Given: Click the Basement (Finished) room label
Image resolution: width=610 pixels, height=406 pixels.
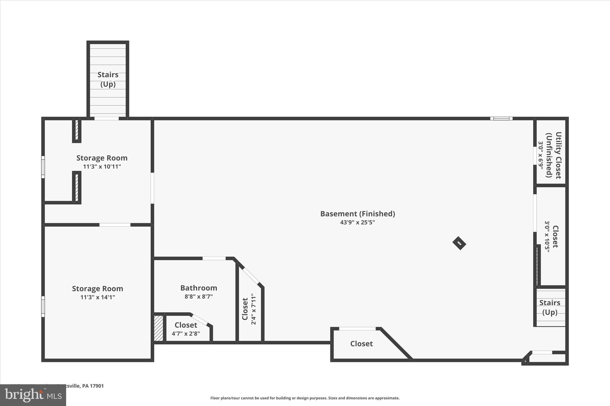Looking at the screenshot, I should coord(357,214).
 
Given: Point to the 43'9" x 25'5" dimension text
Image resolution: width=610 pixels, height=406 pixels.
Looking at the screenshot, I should coord(357,222).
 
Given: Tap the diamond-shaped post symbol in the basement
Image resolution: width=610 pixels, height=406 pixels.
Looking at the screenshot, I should coord(459,243).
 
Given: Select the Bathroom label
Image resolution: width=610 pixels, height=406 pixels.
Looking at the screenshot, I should coord(199,288).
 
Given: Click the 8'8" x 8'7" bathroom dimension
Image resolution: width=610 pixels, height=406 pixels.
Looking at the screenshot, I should coord(199,297).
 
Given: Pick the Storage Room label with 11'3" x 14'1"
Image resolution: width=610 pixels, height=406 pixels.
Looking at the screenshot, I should coord(97,289).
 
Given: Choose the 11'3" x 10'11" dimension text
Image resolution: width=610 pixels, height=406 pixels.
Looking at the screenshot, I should coord(102,167).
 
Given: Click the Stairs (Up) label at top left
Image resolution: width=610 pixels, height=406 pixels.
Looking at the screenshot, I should coord(108,79).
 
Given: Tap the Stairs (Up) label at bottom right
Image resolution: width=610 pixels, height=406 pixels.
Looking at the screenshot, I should coord(550,307).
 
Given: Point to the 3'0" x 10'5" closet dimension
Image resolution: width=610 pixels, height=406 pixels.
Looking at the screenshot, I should coord(547,236).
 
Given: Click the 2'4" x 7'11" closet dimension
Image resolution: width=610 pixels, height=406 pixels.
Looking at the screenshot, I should coord(253,309).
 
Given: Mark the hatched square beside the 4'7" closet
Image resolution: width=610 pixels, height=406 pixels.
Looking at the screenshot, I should coord(158,328).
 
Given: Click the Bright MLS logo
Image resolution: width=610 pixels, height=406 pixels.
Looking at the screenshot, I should coord(33,395).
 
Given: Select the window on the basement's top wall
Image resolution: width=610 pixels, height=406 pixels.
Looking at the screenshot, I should coord(501,118).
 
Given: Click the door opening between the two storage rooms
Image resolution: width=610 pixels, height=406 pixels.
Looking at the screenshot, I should coord(115,225).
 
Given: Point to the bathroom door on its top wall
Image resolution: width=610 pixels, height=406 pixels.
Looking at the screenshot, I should coord(214,258).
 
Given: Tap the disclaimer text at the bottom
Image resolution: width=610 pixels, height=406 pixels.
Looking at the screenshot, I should coord(305,398).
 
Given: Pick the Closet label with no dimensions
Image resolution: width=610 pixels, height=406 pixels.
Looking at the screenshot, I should coord(361,344).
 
